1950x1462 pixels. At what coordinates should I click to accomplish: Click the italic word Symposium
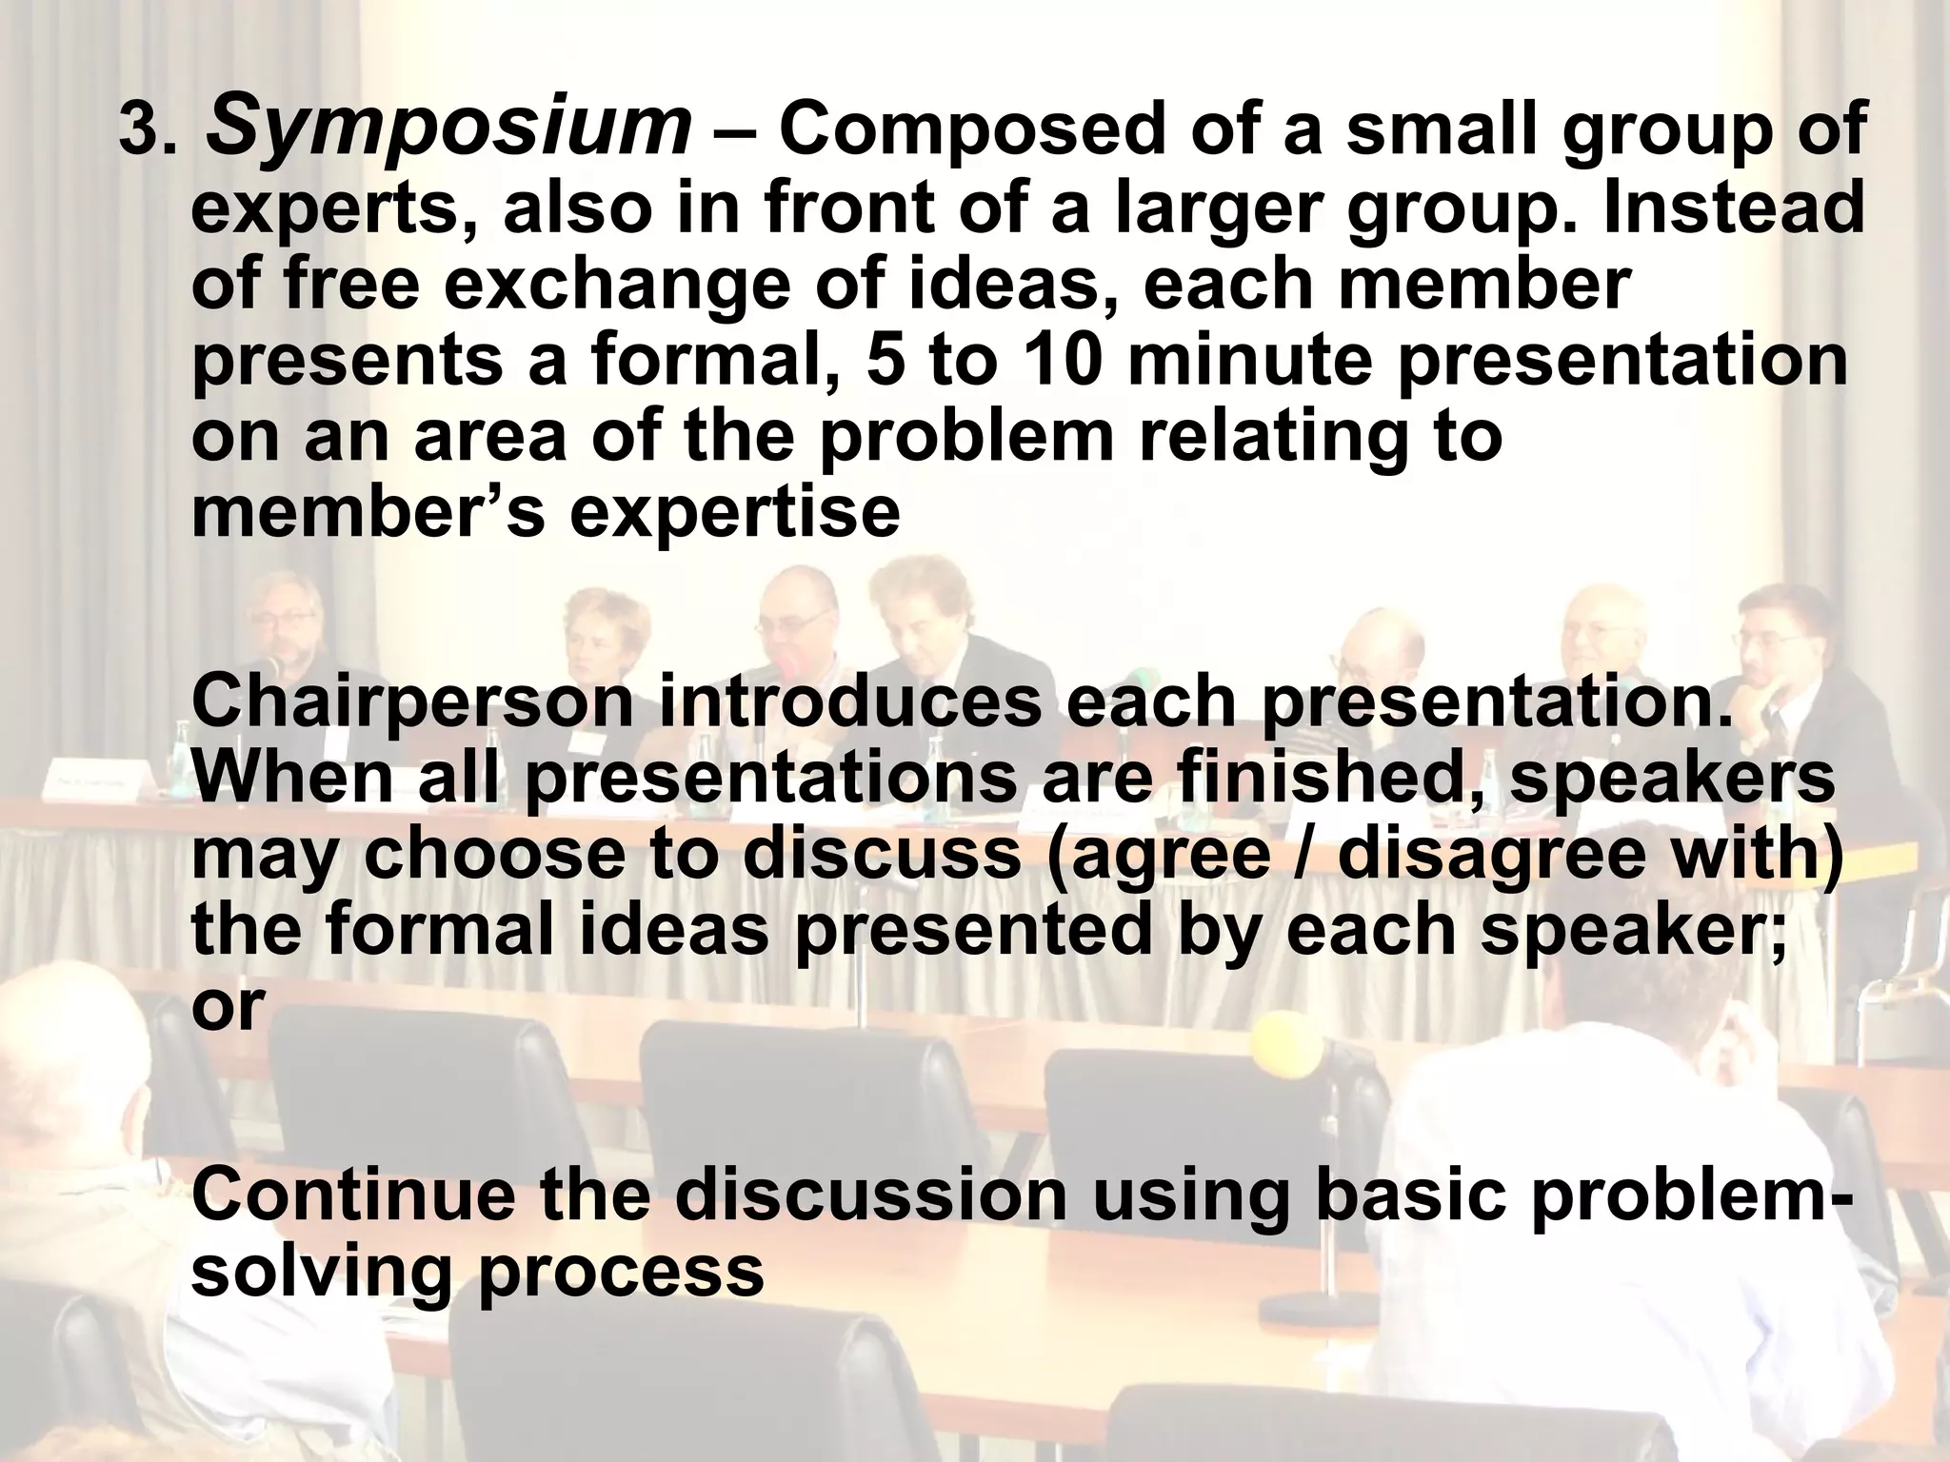coord(448,130)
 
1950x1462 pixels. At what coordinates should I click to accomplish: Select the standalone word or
coord(226,1005)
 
